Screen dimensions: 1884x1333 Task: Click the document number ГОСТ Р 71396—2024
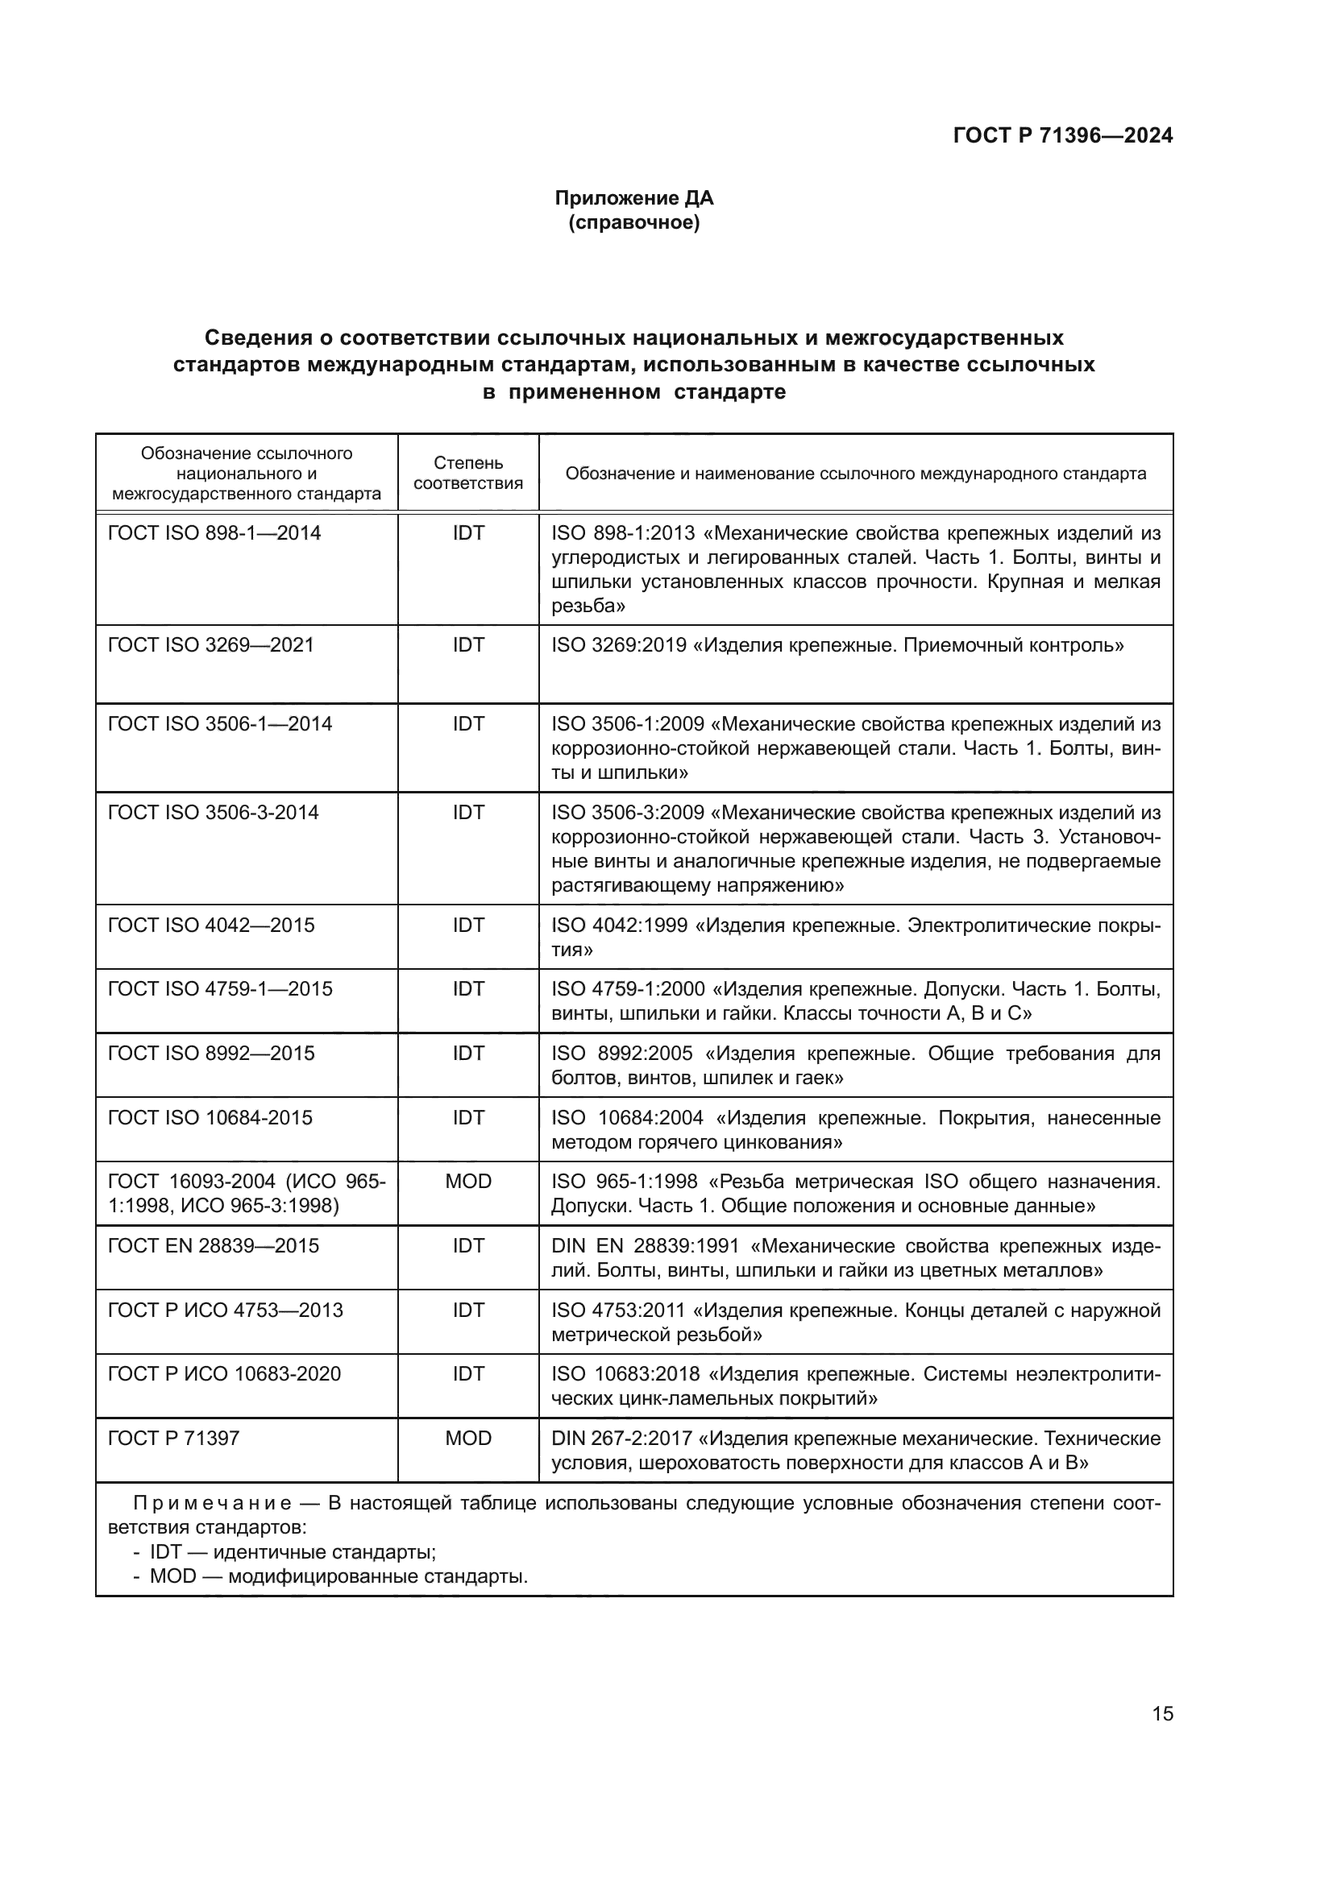point(1062,136)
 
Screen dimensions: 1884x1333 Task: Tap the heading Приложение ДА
point(633,198)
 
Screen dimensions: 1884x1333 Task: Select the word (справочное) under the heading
point(633,222)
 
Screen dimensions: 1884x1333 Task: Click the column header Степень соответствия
point(468,474)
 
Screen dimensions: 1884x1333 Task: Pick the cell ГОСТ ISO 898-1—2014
point(214,533)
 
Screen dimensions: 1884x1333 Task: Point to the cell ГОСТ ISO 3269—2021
point(211,645)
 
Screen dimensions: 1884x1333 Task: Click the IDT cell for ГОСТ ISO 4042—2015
point(468,925)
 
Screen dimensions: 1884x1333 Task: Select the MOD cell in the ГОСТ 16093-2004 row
point(468,1182)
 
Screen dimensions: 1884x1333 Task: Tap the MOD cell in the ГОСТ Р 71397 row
point(468,1439)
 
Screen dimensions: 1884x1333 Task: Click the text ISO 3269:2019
point(619,645)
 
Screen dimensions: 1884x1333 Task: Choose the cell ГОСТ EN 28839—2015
point(214,1245)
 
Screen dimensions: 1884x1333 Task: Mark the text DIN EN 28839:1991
point(646,1245)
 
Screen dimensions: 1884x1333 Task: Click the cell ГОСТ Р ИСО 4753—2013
point(226,1311)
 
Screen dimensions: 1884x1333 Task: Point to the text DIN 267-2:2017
point(621,1439)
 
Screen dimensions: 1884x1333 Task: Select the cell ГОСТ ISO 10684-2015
point(210,1118)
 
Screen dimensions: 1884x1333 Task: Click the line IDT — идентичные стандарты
point(292,1552)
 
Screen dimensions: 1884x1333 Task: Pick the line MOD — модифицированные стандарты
point(338,1576)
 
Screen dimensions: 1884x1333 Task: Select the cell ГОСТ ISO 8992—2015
point(211,1054)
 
